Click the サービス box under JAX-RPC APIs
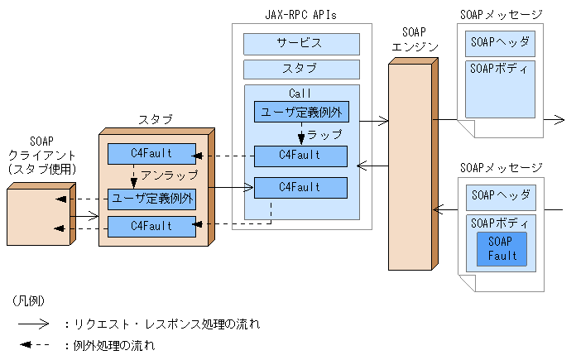[301, 43]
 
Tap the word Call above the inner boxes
[301, 94]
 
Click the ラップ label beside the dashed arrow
[324, 132]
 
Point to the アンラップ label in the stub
[169, 175]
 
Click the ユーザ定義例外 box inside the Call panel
[300, 113]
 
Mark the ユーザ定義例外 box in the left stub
[152, 199]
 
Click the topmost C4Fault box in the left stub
[152, 154]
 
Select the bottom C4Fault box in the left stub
[152, 225]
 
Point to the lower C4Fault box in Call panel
[300, 188]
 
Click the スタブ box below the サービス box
[301, 69]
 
